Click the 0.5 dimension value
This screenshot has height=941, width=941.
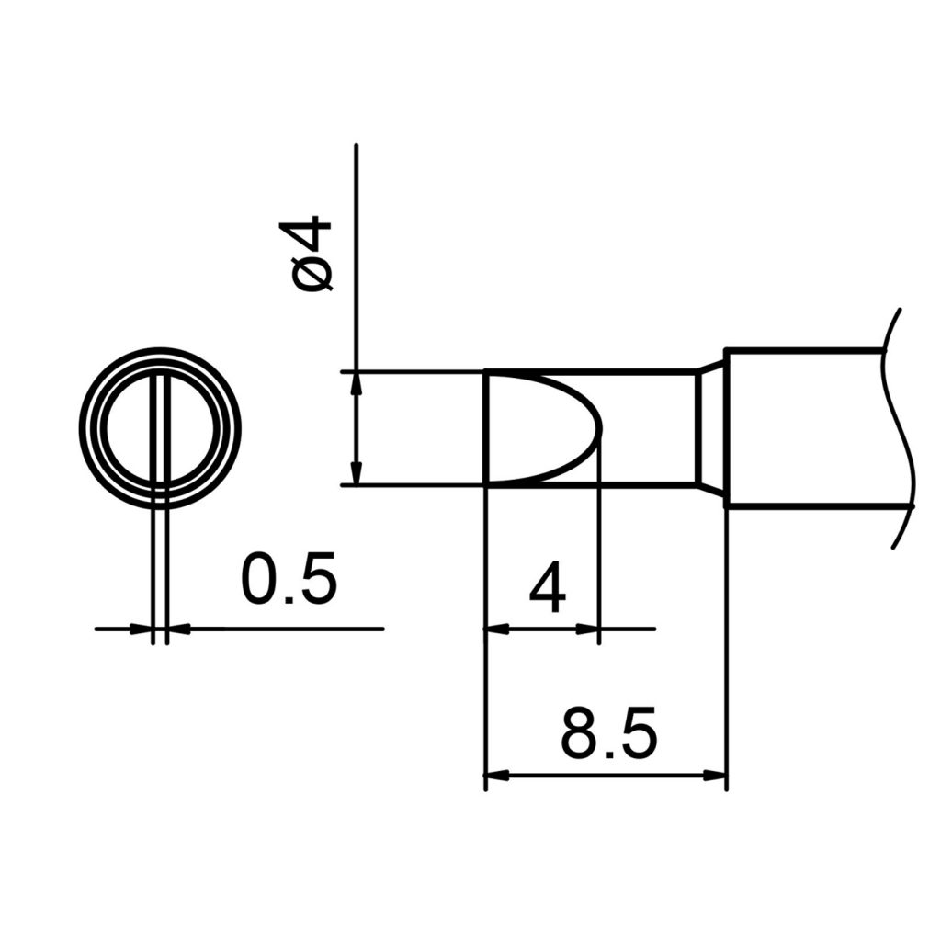(289, 579)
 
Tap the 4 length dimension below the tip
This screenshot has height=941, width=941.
(548, 589)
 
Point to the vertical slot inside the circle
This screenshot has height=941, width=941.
(161, 428)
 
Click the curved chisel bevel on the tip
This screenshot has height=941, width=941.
(579, 428)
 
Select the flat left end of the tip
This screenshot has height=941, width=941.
(485, 428)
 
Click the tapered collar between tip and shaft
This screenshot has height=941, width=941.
(710, 428)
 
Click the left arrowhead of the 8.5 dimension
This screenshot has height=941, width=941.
(496, 776)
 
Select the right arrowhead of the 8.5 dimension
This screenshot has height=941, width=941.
(715, 776)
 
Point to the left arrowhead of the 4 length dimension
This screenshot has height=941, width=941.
(496, 629)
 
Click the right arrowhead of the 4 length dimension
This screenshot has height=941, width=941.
(587, 629)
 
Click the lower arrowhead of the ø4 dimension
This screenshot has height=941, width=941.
(356, 473)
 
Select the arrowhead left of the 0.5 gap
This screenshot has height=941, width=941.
(142, 629)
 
